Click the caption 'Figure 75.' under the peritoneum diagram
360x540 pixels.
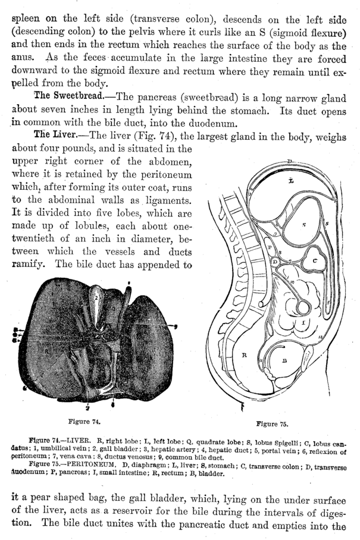click(x=272, y=424)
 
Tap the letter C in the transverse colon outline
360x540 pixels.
click(x=314, y=260)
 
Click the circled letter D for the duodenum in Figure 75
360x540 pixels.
click(x=275, y=262)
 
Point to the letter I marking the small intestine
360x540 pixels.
click(x=303, y=322)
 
